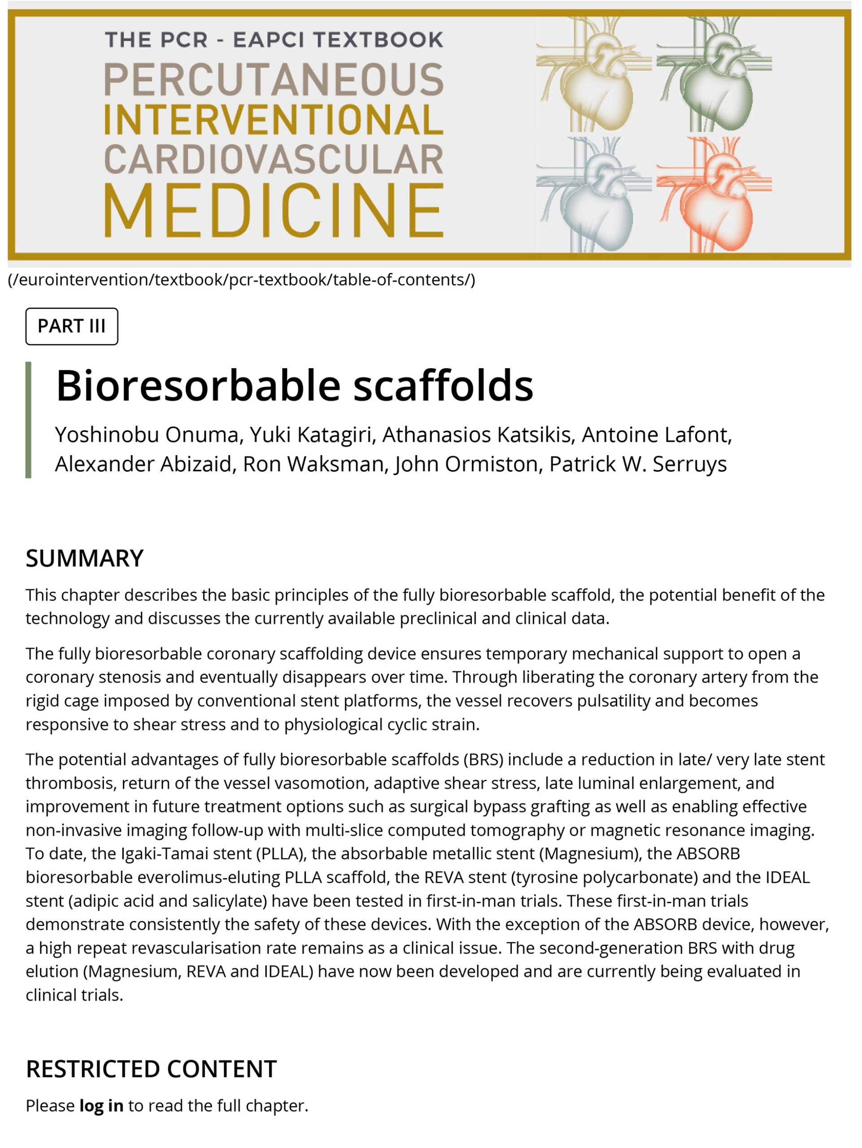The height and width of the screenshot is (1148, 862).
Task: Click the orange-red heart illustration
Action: pyautogui.click(x=714, y=195)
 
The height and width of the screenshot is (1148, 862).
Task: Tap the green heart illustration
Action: pyautogui.click(x=714, y=74)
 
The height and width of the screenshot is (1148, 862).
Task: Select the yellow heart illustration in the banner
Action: pyautogui.click(x=594, y=74)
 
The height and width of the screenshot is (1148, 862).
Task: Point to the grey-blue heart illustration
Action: pyautogui.click(x=594, y=195)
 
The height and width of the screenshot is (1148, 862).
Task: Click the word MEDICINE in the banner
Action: pyautogui.click(x=274, y=211)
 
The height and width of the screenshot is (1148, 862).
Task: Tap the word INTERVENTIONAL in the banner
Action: pyautogui.click(x=274, y=120)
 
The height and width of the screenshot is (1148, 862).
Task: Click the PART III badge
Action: pyautogui.click(x=72, y=326)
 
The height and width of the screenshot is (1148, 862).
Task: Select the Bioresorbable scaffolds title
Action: pyautogui.click(x=294, y=386)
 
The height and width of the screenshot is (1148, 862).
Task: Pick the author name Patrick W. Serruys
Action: pyautogui.click(x=638, y=464)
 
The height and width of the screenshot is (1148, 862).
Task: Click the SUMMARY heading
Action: pyautogui.click(x=85, y=558)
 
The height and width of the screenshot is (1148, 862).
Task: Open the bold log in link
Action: pyautogui.click(x=101, y=1105)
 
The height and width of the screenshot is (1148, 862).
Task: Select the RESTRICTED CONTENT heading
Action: pyautogui.click(x=151, y=1069)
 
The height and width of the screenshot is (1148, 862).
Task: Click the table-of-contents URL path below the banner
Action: pyautogui.click(x=241, y=280)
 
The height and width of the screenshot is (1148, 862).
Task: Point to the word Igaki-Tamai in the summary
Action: pyautogui.click(x=168, y=854)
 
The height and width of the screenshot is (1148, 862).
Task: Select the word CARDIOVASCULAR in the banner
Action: pyautogui.click(x=274, y=159)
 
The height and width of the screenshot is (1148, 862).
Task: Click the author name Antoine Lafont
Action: pyautogui.click(x=657, y=435)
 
